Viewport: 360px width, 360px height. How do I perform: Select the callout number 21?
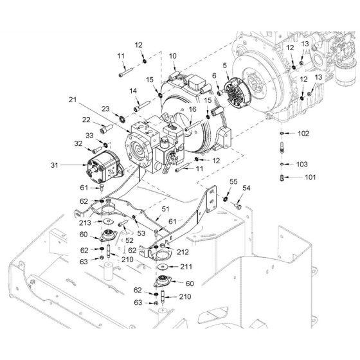pyautogui.click(x=72, y=100)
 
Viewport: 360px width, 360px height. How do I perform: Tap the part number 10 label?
pyautogui.click(x=172, y=57)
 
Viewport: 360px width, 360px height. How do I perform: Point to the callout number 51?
pyautogui.click(x=165, y=209)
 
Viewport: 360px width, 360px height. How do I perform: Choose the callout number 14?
pyautogui.click(x=133, y=91)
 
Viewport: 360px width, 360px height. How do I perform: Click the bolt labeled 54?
pyautogui.click(x=239, y=206)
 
